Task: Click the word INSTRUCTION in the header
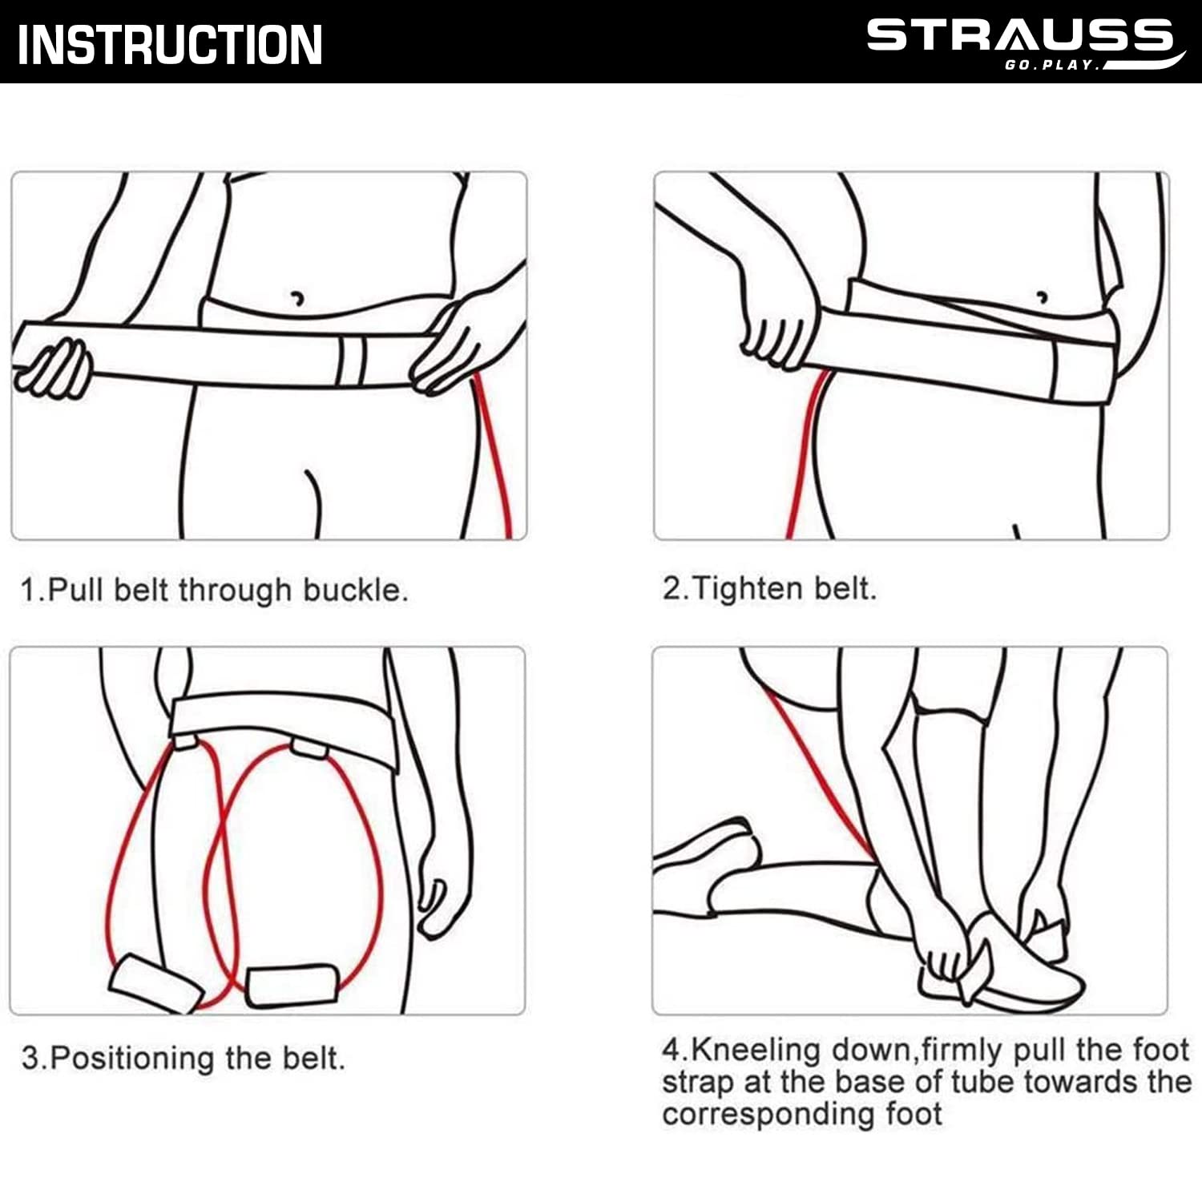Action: click(x=170, y=45)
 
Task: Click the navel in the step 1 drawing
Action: click(x=297, y=299)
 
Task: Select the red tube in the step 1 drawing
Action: click(x=494, y=457)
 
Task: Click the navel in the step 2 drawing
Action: click(x=1043, y=296)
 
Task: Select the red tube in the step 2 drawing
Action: click(x=805, y=453)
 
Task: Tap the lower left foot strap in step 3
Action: click(x=155, y=983)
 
